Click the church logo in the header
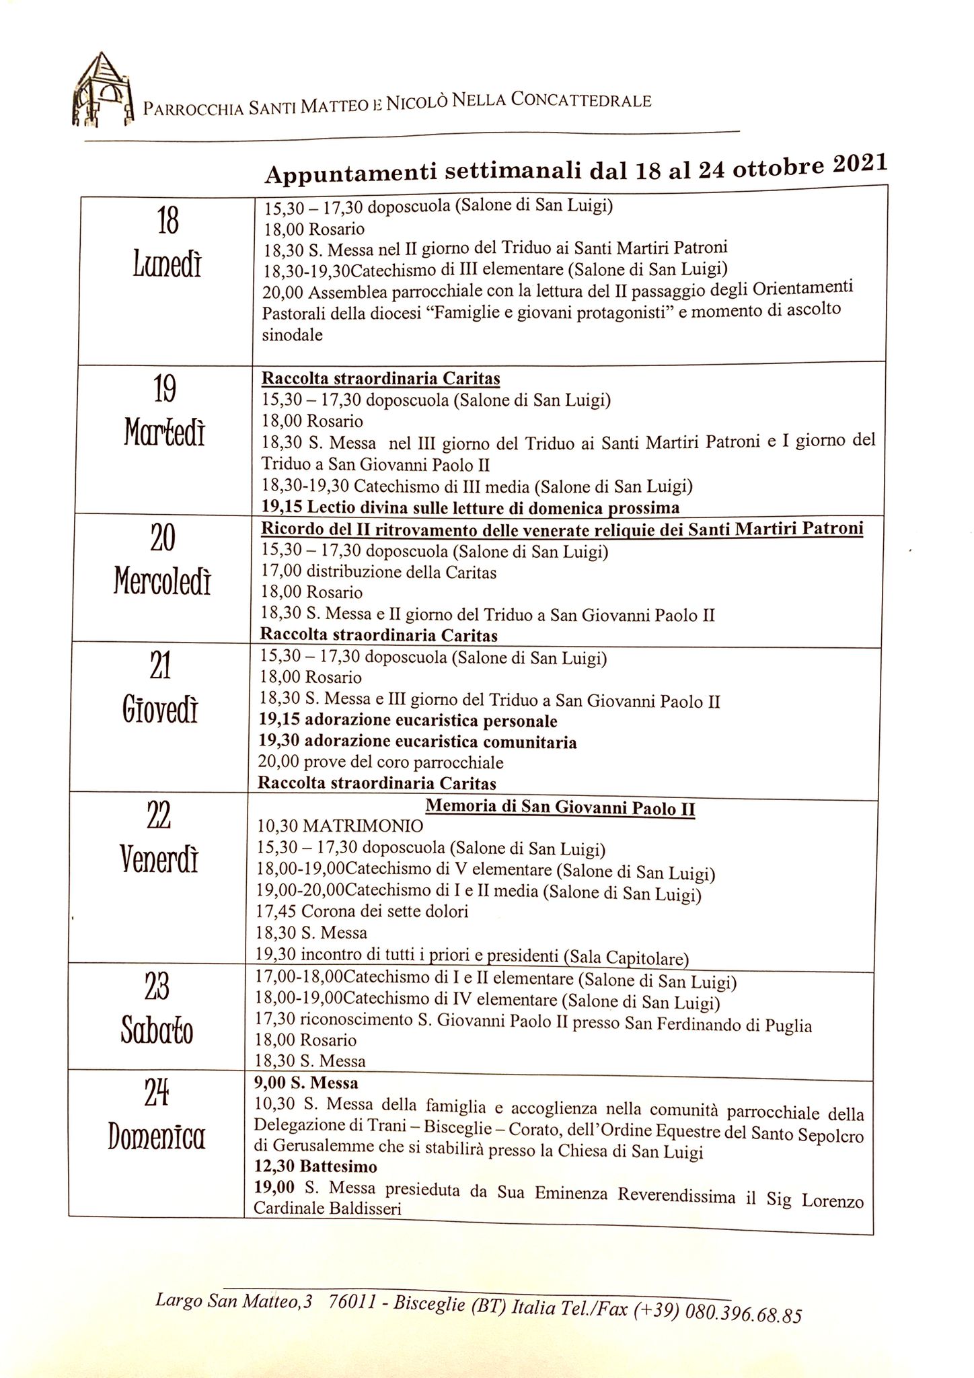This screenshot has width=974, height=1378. pyautogui.click(x=102, y=90)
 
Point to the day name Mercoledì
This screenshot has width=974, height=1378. pyautogui.click(x=162, y=581)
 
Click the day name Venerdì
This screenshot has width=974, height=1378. pyautogui.click(x=159, y=859)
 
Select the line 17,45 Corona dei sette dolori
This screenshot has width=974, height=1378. pyautogui.click(x=362, y=912)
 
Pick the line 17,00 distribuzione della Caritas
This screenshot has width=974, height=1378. pyautogui.click(x=378, y=572)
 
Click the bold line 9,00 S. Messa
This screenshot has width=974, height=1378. pyautogui.click(x=306, y=1083)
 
